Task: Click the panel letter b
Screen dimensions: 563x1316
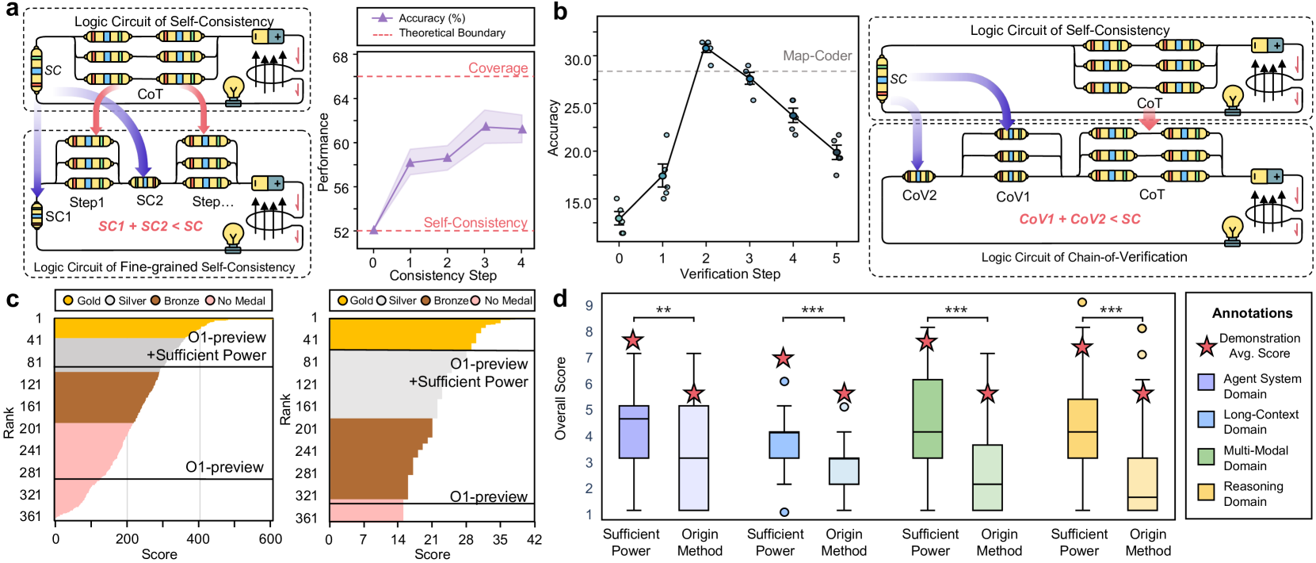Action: point(560,13)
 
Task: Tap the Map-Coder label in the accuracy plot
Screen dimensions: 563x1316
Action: point(817,56)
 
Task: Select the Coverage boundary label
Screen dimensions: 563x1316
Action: point(498,68)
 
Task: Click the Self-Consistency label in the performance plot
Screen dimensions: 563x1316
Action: point(475,223)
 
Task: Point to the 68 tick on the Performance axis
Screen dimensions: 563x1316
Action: point(341,58)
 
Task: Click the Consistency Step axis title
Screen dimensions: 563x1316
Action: point(443,275)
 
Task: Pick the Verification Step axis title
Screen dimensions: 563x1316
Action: point(730,274)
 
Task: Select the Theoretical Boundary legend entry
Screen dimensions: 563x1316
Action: point(452,33)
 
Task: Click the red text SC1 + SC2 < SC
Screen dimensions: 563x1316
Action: point(151,226)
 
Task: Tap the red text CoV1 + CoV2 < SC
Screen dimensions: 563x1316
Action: point(1080,219)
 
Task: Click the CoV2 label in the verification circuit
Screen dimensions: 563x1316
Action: point(919,195)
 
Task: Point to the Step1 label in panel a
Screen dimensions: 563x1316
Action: point(86,202)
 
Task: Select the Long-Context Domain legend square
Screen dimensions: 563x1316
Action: point(1207,419)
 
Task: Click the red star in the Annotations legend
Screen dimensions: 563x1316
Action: point(1207,346)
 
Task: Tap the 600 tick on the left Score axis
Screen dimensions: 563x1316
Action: point(270,539)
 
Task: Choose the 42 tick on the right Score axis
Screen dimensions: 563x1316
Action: point(535,540)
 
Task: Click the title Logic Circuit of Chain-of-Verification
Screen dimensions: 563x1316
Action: point(1084,257)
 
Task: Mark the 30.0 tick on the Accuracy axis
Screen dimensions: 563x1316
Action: point(577,60)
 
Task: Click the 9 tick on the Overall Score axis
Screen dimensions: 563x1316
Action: point(589,305)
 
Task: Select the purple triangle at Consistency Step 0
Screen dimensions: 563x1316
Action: point(373,230)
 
